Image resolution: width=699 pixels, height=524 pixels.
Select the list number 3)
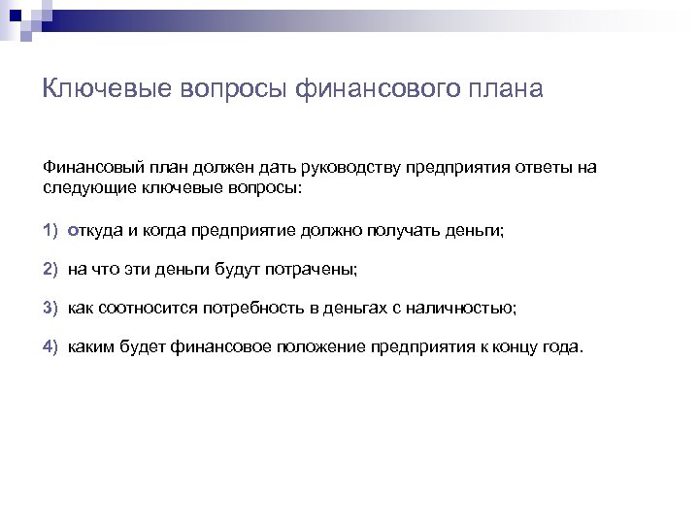tap(51, 308)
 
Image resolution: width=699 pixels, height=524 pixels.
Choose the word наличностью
tap(463, 308)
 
